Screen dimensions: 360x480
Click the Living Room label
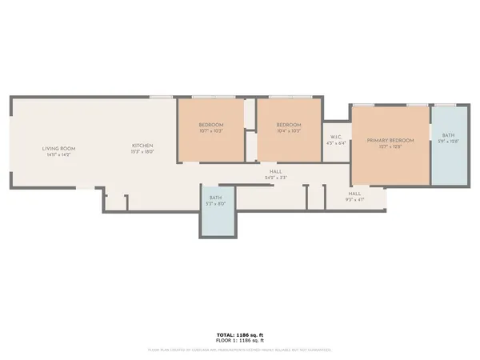click(x=58, y=148)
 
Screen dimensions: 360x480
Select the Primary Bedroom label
click(x=390, y=140)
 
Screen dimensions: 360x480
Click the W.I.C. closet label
click(x=336, y=137)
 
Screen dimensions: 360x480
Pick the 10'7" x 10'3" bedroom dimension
click(x=211, y=130)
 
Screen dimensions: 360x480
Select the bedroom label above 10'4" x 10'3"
click(x=289, y=125)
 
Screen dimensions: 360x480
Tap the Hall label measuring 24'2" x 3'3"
click(x=275, y=171)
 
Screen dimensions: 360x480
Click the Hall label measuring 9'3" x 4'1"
click(x=354, y=194)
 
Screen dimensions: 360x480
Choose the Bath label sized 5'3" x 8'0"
click(x=216, y=198)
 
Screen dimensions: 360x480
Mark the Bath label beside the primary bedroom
click(x=447, y=135)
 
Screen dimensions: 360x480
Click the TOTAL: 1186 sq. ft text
click(x=240, y=334)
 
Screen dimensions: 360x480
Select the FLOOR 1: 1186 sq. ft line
click(x=240, y=341)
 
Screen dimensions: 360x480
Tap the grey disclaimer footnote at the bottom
click(x=240, y=349)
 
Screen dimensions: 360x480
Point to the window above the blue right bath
click(x=447, y=105)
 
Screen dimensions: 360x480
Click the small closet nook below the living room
click(x=116, y=202)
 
